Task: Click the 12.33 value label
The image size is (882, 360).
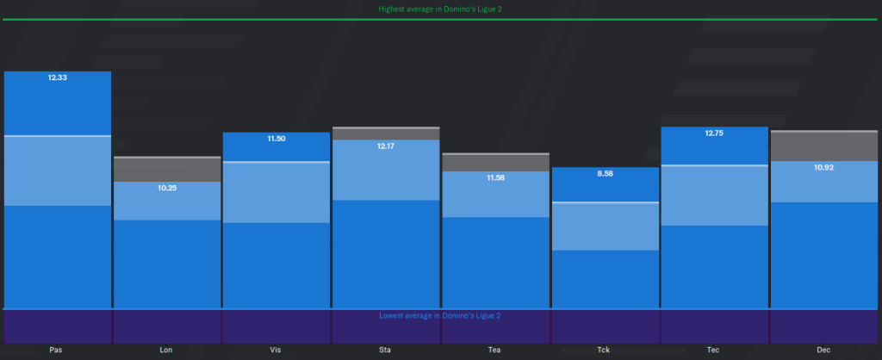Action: coord(58,78)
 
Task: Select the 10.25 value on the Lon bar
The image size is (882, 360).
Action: coord(167,188)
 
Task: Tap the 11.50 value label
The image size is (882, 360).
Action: coord(276,139)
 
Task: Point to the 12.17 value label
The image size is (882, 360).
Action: coord(386,146)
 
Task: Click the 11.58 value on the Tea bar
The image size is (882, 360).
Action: coord(495,177)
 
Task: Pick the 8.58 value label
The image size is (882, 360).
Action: coord(605,173)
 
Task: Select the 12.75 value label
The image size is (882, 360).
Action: coord(714,133)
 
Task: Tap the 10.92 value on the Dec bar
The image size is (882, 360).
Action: coord(823,167)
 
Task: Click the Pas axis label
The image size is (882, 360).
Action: coord(58,350)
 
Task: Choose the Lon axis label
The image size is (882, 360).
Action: coord(167,350)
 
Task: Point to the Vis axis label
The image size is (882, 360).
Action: coord(276,350)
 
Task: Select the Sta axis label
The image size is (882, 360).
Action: coord(386,350)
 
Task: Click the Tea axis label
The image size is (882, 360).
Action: coord(495,350)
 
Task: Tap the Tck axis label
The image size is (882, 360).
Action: coord(605,350)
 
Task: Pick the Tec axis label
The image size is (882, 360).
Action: coord(714,350)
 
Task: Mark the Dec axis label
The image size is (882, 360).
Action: coord(823,350)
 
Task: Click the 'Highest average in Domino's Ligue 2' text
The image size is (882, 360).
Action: coord(440,9)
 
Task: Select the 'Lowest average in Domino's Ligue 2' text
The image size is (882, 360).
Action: coord(440,315)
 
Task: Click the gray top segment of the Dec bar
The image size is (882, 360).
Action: coord(823,146)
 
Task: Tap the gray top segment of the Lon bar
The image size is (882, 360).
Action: coord(167,170)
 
